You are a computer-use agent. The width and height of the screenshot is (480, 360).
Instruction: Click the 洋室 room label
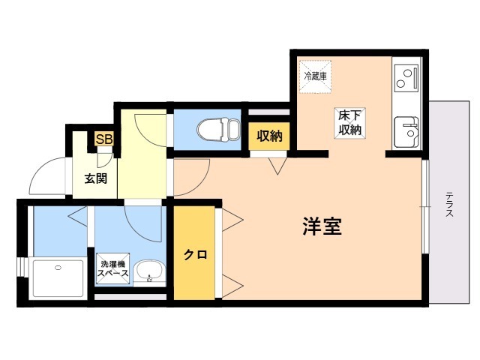coord(322,227)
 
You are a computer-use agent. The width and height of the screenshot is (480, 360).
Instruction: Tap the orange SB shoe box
coord(103,139)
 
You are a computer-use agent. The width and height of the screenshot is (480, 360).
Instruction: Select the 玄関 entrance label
coord(95,178)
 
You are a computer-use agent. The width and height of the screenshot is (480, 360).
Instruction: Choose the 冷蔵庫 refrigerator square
coord(315,75)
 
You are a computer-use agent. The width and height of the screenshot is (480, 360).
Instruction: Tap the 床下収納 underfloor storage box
coord(349,122)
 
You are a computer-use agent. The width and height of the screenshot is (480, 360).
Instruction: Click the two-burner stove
coord(405,76)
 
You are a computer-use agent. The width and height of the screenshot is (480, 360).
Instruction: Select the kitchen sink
coord(406,133)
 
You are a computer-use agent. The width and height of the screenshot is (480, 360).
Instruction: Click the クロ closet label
coord(195,254)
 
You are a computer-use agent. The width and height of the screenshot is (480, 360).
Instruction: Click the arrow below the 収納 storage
coord(279,166)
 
